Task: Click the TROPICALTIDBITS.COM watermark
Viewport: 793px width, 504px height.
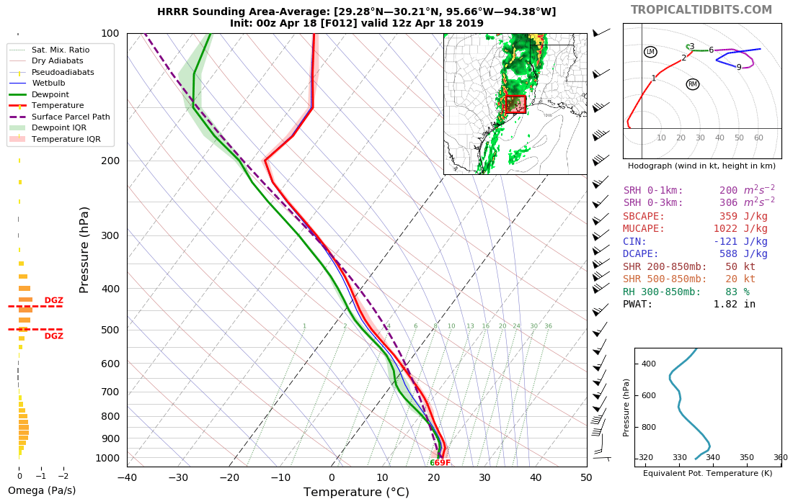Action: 701,10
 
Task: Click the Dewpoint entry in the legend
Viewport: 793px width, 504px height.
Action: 50,94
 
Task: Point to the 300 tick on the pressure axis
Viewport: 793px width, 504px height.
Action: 110,235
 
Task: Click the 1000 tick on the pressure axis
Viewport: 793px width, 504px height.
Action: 107,458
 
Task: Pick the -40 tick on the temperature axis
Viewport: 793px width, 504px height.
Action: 127,477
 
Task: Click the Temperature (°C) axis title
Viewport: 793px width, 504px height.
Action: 356,492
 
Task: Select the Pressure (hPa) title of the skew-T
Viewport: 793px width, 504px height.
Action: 84,249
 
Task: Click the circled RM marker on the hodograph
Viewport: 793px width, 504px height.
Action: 693,84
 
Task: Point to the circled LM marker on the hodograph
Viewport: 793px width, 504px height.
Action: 650,52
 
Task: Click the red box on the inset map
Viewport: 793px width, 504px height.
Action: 515,104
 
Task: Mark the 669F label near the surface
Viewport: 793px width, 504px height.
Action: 440,463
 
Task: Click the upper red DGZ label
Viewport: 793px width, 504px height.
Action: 54,300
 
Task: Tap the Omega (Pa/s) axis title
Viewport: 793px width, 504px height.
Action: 42,491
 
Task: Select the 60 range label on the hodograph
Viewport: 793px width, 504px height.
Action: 758,138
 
